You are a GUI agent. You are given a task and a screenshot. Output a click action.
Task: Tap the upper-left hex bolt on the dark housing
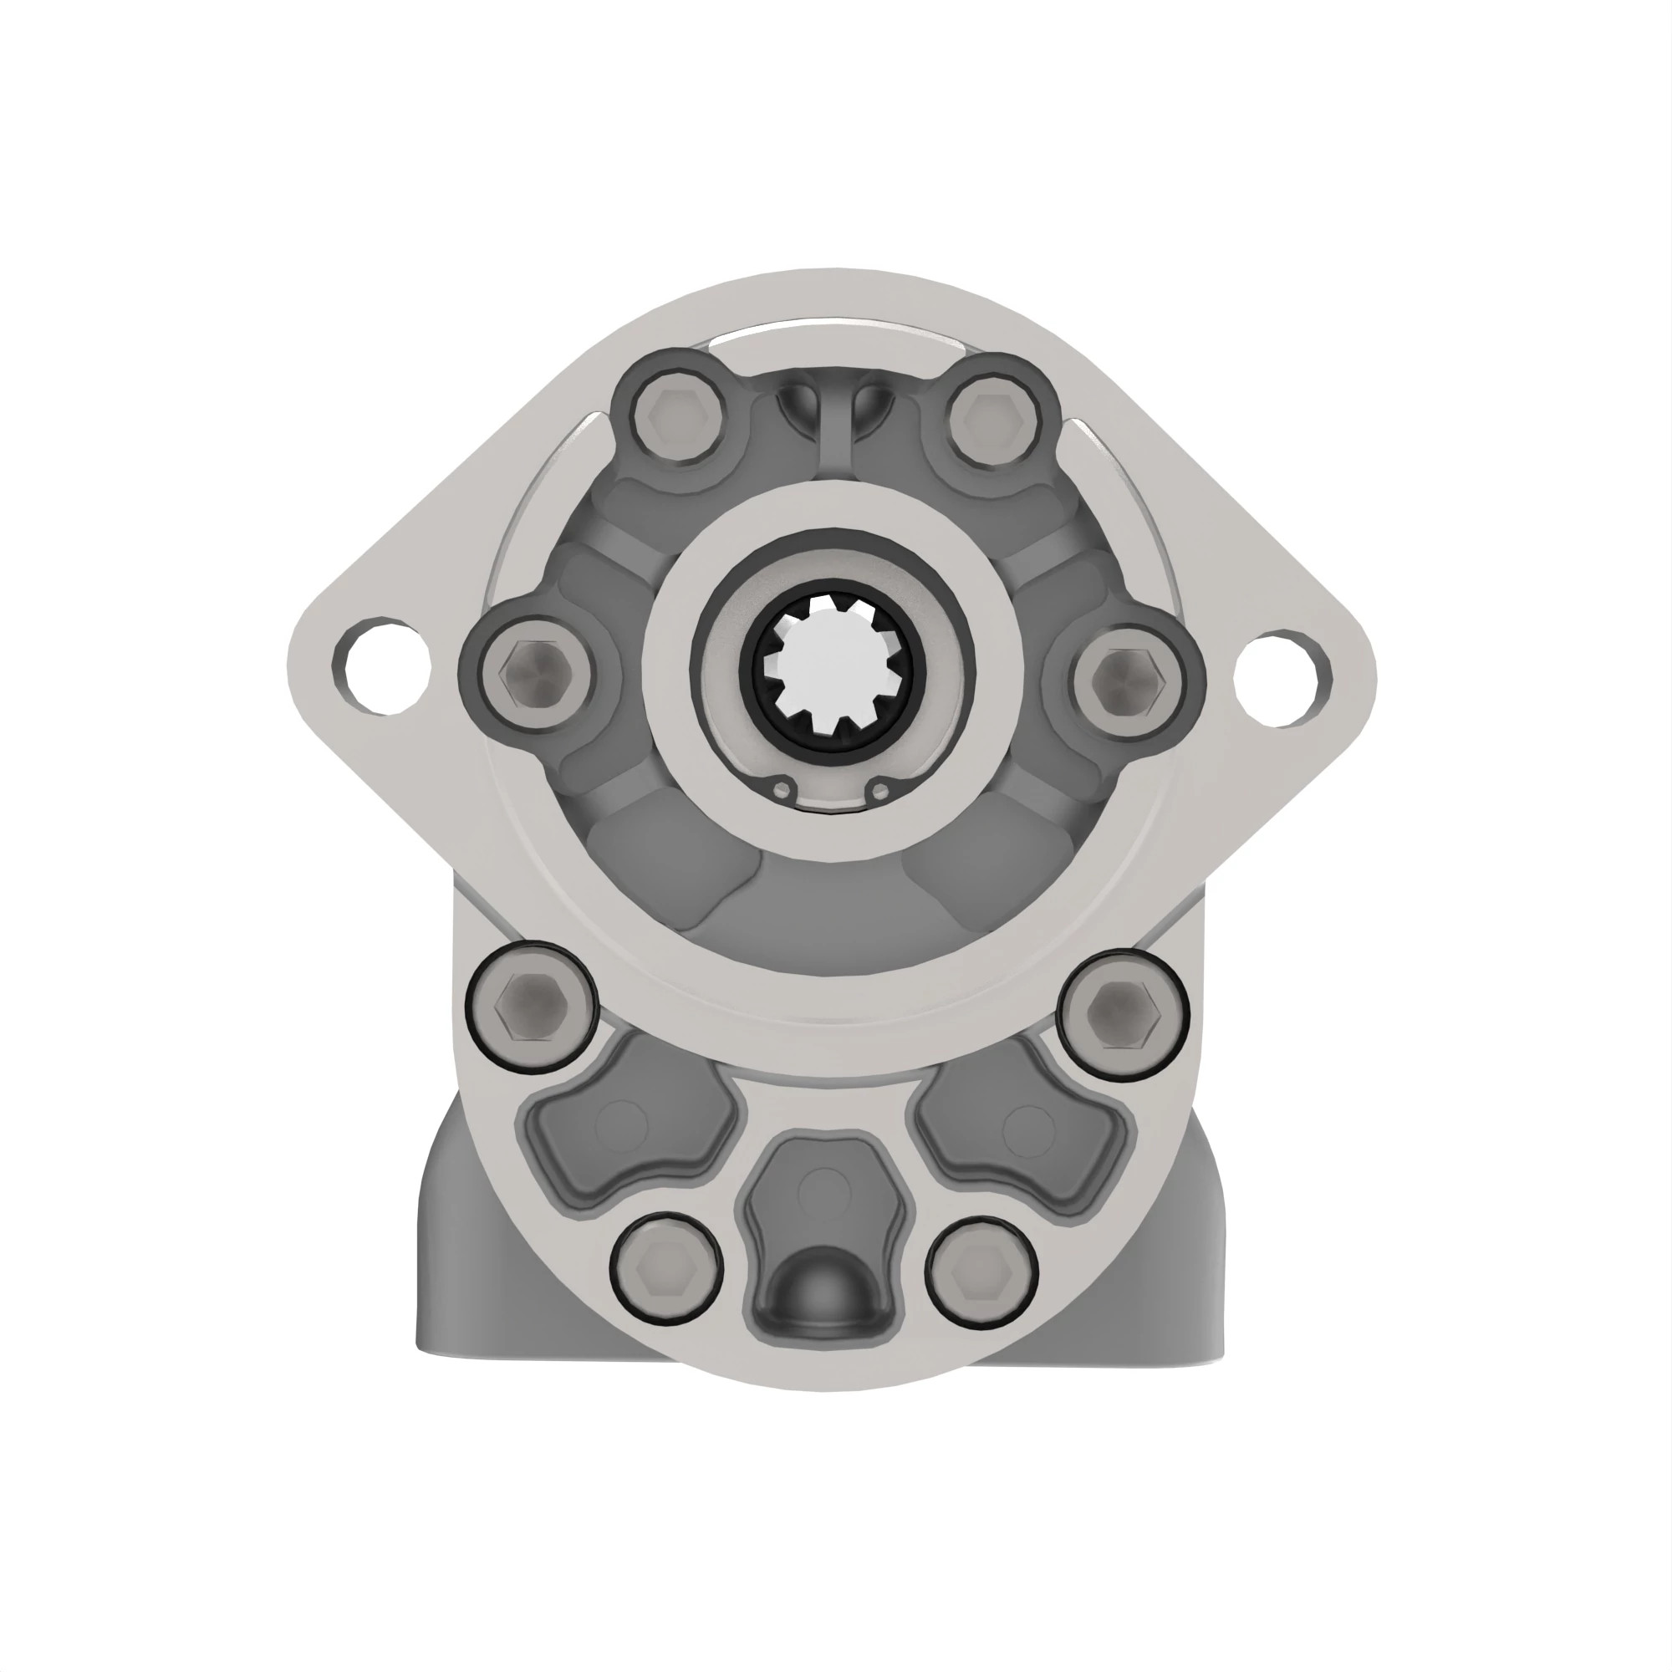tap(675, 421)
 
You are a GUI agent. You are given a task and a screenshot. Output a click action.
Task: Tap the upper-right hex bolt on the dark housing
tap(991, 421)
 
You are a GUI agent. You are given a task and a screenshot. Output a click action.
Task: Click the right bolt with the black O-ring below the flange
tap(1123, 1013)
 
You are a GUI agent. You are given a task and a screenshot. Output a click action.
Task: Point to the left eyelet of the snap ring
tap(784, 790)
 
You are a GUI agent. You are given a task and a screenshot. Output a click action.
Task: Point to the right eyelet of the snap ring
tap(881, 791)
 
